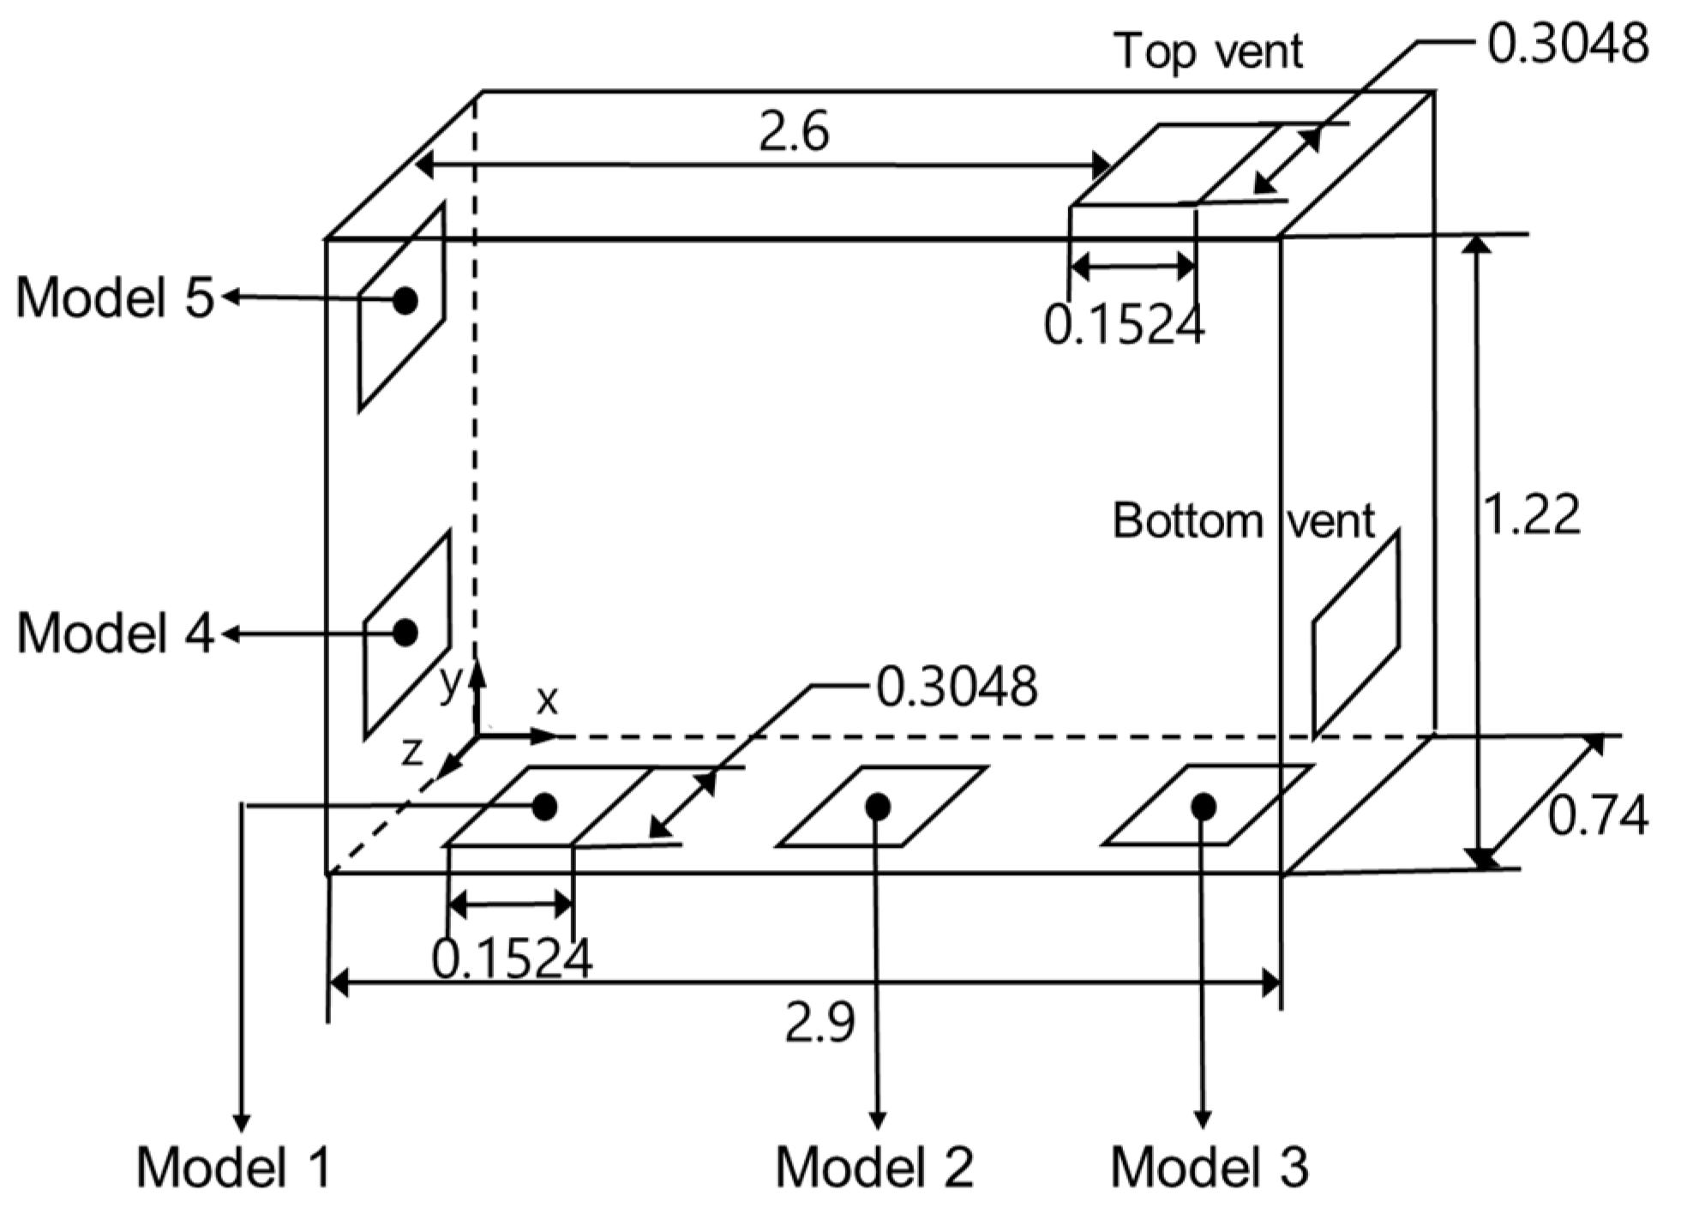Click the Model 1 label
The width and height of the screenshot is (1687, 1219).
pos(233,1167)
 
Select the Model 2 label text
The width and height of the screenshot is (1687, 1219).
pos(874,1167)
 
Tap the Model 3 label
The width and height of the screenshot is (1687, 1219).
pos(1210,1167)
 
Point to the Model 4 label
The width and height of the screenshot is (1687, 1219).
pos(115,634)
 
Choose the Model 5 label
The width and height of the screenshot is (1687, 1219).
pos(115,297)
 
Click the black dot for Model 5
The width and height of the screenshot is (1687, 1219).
pos(405,301)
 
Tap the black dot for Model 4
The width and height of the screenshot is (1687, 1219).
pos(405,633)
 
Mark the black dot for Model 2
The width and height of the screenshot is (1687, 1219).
pos(877,806)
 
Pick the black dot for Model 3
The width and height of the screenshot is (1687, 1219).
pos(1204,806)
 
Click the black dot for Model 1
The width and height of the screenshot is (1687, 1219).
pos(544,806)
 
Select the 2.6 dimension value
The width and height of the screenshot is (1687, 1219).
pos(794,133)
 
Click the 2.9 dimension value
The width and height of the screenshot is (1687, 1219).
pos(819,1023)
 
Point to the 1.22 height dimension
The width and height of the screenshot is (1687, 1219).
pos(1531,515)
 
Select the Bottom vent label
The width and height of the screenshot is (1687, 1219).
pos(1243,520)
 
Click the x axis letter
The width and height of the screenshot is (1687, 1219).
pos(547,700)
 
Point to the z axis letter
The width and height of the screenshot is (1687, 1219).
pos(412,752)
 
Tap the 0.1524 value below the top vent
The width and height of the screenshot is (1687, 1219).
pos(1124,325)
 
